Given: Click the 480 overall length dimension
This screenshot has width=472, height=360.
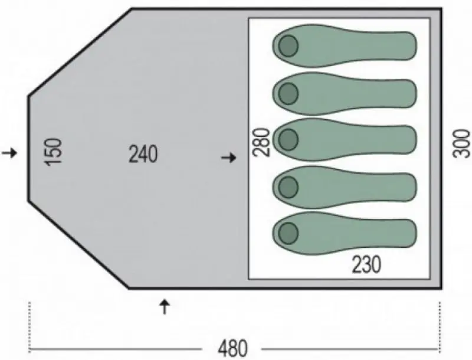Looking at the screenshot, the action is tap(232, 348).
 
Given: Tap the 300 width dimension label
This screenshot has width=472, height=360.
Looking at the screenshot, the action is tap(461, 143).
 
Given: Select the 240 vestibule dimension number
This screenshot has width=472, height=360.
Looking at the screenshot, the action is tap(143, 154).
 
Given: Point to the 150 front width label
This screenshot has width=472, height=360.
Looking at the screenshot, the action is tap(53, 152).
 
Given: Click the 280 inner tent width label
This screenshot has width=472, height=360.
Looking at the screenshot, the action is tap(261, 142).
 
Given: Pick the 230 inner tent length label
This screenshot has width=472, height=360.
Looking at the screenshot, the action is tap(366, 264).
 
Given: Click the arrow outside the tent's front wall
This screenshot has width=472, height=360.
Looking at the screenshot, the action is tap(9, 153).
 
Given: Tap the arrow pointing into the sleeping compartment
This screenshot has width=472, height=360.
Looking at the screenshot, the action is tap(229, 158).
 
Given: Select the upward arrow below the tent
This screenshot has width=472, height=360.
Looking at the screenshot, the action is tap(165, 307).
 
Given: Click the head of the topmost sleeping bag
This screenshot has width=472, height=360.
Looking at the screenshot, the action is tap(289, 46).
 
